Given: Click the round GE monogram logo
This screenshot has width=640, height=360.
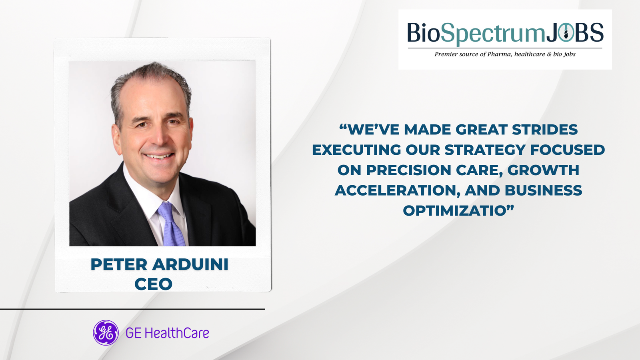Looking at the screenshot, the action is [106, 333].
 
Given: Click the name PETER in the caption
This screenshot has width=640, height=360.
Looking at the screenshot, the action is [118, 264].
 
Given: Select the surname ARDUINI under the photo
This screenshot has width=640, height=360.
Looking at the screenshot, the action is [190, 264].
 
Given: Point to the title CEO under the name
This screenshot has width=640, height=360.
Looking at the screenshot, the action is [154, 284].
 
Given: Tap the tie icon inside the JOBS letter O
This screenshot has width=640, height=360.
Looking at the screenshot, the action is [566, 32].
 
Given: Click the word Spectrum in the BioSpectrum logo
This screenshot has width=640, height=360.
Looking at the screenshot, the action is [492, 34].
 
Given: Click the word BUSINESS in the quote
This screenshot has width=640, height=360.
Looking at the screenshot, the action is [544, 190].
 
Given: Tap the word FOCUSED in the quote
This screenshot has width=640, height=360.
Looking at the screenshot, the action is [568, 150].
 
